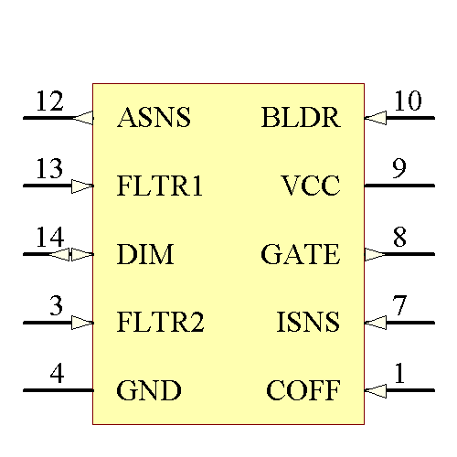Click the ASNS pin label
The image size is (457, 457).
pos(154,118)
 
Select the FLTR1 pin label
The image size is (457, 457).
pos(160,186)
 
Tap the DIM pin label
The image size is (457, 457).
pos(145,254)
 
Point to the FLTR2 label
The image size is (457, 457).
pos(161,323)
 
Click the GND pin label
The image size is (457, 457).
pos(149,391)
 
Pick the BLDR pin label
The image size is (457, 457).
pos(300,118)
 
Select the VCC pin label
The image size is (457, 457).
pos(311,186)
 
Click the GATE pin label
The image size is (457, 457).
pos(300,254)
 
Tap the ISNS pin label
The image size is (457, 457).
pos(308,323)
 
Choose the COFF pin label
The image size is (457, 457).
pos(303,391)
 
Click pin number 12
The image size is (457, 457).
pos(49,101)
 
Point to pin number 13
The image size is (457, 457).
pos(49,169)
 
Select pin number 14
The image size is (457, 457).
pos(49,238)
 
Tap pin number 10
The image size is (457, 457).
pos(408,101)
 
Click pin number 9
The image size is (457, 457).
pos(399,169)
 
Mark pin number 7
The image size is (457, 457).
pos(399,305)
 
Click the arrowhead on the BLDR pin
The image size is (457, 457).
pos(376,118)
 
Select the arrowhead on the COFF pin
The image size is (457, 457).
pos(376,391)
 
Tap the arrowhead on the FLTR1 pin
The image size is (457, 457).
pos(82,186)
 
